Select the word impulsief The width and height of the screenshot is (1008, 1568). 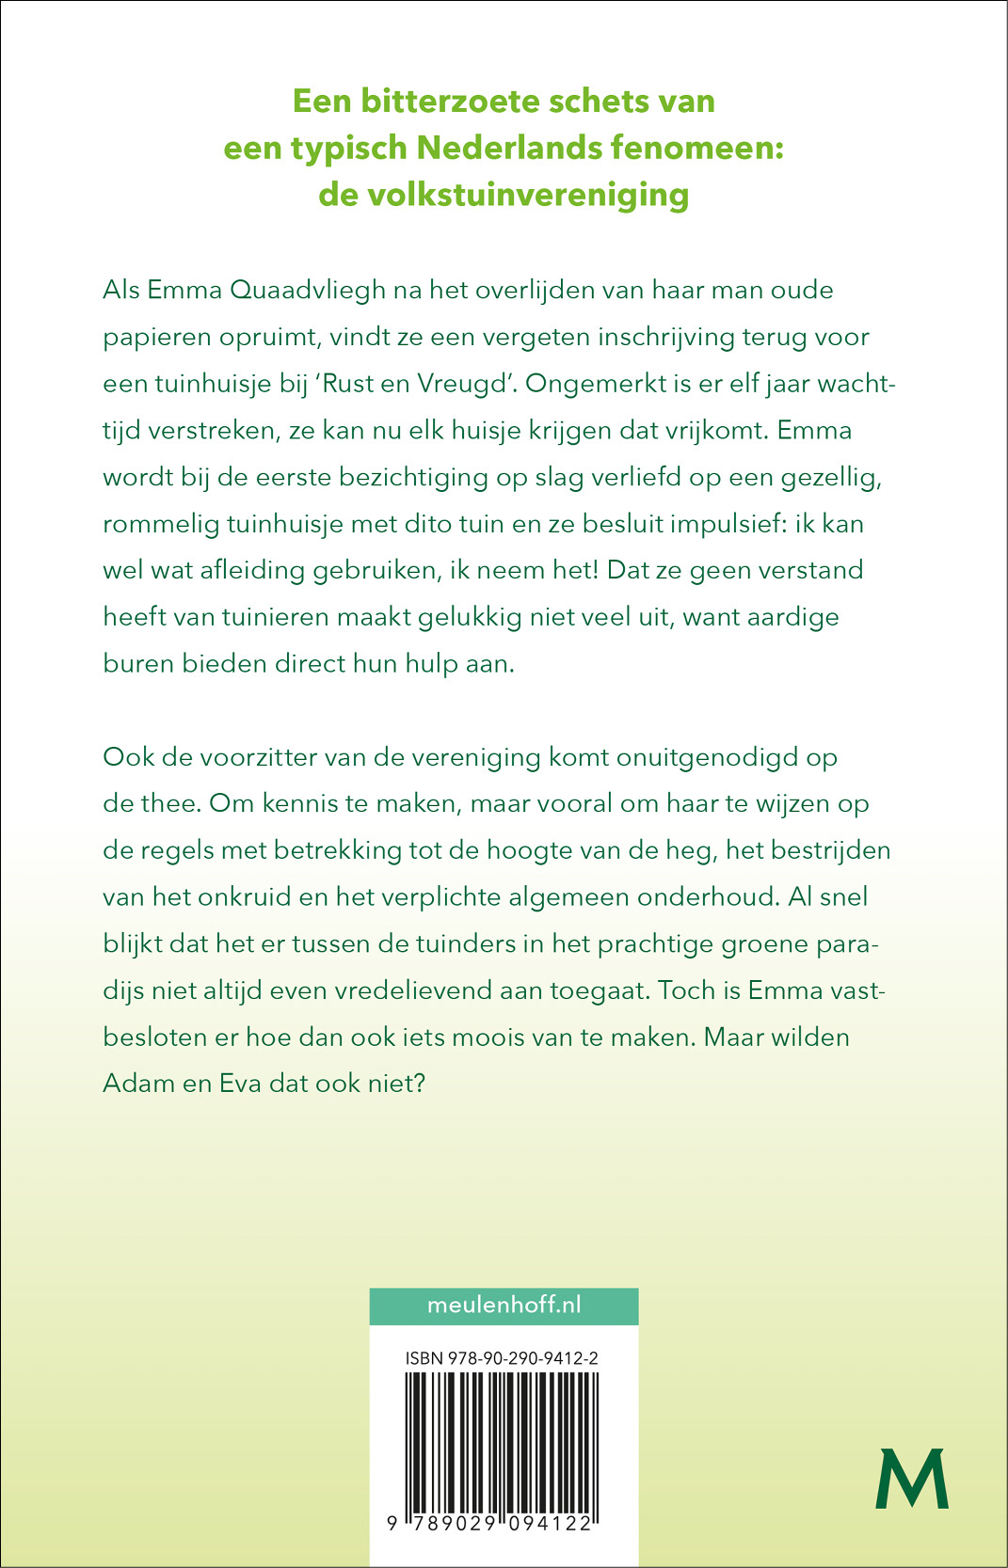point(728,523)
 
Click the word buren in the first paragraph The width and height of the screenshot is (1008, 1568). point(138,663)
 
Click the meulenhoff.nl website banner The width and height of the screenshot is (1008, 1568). point(504,1306)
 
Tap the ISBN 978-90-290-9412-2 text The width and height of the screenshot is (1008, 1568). point(502,1358)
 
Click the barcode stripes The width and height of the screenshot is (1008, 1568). point(502,1439)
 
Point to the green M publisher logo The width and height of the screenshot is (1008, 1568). point(911,1480)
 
